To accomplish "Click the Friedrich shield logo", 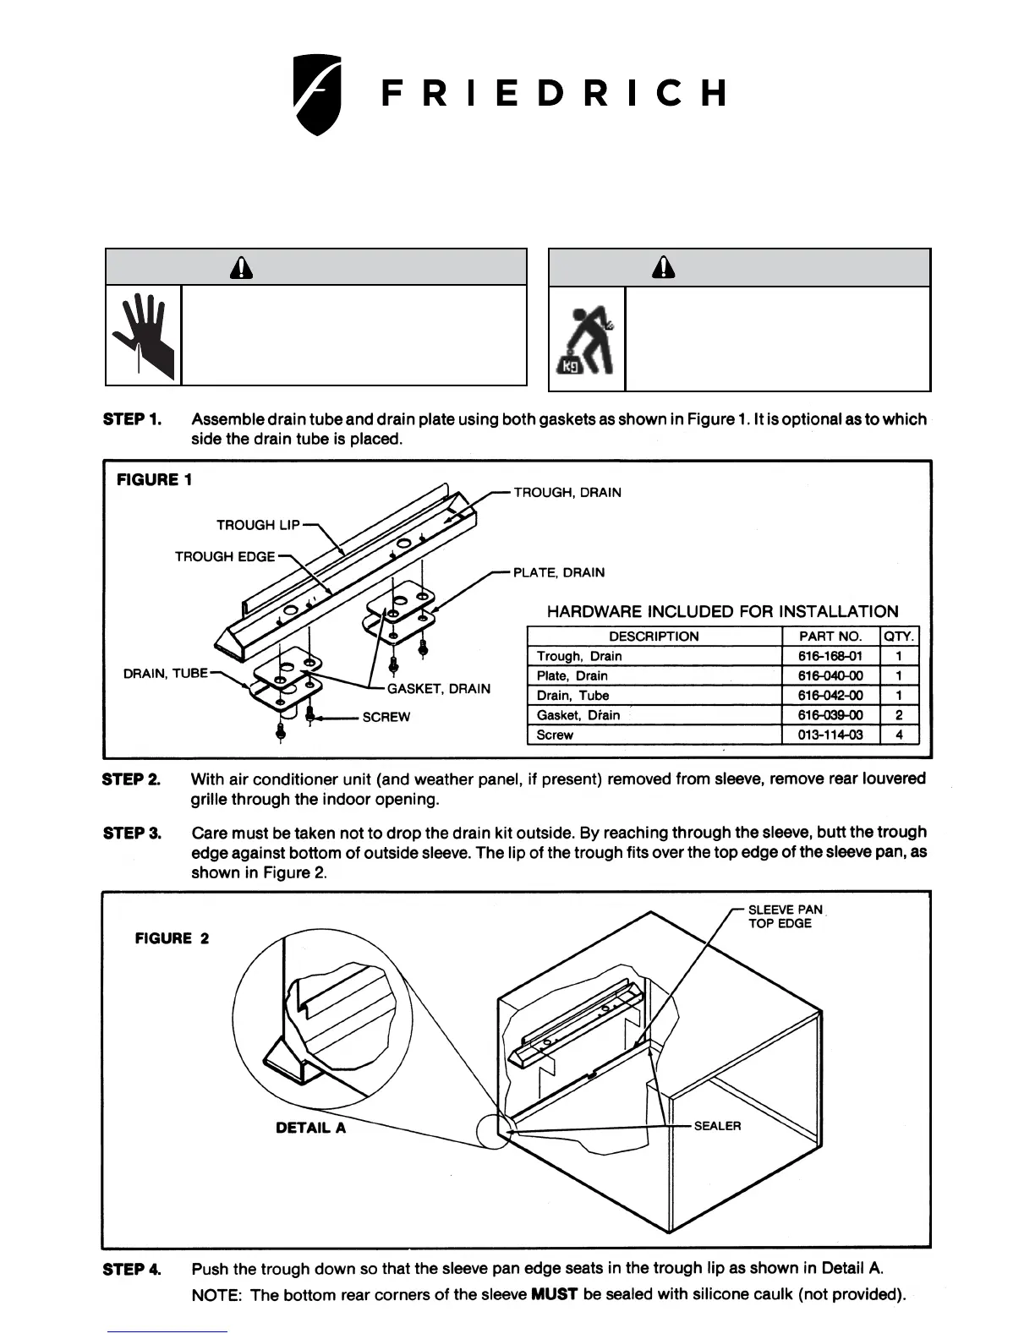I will pyautogui.click(x=317, y=94).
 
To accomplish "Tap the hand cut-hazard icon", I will pyautogui.click(x=144, y=335).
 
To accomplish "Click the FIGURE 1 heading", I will pyautogui.click(x=154, y=480).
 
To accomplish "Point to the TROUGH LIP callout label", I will pyautogui.click(x=258, y=525).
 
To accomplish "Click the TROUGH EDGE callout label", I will pyautogui.click(x=225, y=556).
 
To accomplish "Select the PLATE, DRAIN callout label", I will pyautogui.click(x=559, y=572).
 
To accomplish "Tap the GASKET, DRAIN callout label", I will pyautogui.click(x=438, y=689).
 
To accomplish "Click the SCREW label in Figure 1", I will pyautogui.click(x=386, y=717).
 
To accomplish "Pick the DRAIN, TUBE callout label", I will pyautogui.click(x=165, y=674).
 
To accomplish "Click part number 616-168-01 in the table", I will pyautogui.click(x=830, y=656).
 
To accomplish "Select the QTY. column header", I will pyautogui.click(x=899, y=637).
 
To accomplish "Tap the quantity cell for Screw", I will pyautogui.click(x=899, y=735).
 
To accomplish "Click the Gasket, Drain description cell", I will pyautogui.click(x=578, y=715).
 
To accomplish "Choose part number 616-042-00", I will pyautogui.click(x=830, y=696).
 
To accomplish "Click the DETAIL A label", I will pyautogui.click(x=310, y=1128).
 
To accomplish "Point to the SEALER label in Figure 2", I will pyautogui.click(x=717, y=1126).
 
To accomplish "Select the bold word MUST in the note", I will pyautogui.click(x=553, y=1295).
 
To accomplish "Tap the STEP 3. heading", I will pyautogui.click(x=132, y=833).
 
